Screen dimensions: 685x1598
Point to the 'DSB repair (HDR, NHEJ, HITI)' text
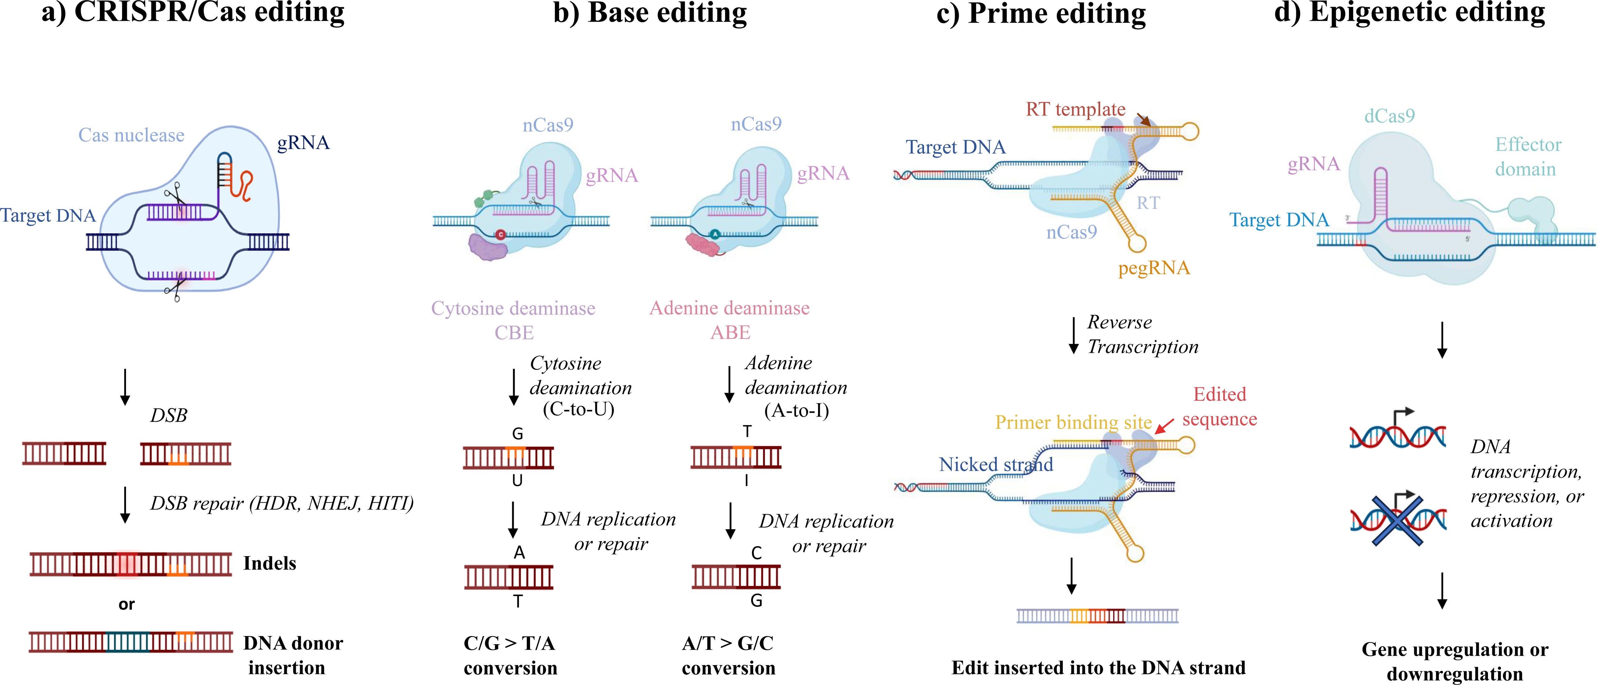(x=282, y=503)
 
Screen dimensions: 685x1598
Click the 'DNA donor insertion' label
(x=291, y=655)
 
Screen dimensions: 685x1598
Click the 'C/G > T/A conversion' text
(x=510, y=655)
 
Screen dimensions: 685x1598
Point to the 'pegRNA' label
(x=1154, y=268)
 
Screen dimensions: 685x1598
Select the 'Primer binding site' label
(x=1073, y=422)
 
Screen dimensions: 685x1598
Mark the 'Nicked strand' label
(x=996, y=464)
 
